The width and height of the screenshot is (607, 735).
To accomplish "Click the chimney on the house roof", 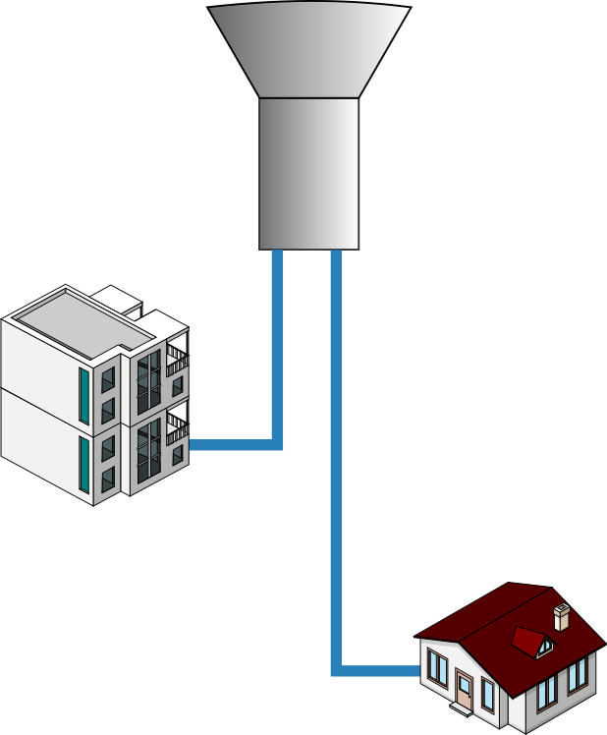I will click(562, 617).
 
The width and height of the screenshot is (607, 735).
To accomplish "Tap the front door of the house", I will click(465, 690).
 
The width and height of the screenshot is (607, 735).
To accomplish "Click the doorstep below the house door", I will click(465, 709).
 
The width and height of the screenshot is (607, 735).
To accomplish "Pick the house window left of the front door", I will click(437, 671).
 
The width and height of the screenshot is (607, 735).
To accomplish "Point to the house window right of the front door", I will click(488, 694).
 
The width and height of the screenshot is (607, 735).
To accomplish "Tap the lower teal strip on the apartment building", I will click(83, 463).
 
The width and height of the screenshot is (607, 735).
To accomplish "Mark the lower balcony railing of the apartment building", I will click(177, 424).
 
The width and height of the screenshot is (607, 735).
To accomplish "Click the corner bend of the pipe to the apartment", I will click(277, 444).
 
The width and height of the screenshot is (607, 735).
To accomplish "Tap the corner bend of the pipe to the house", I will click(337, 670).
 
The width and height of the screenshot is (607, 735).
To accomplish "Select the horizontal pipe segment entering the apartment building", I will click(231, 445).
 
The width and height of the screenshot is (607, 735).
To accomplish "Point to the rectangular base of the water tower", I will click(308, 173).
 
